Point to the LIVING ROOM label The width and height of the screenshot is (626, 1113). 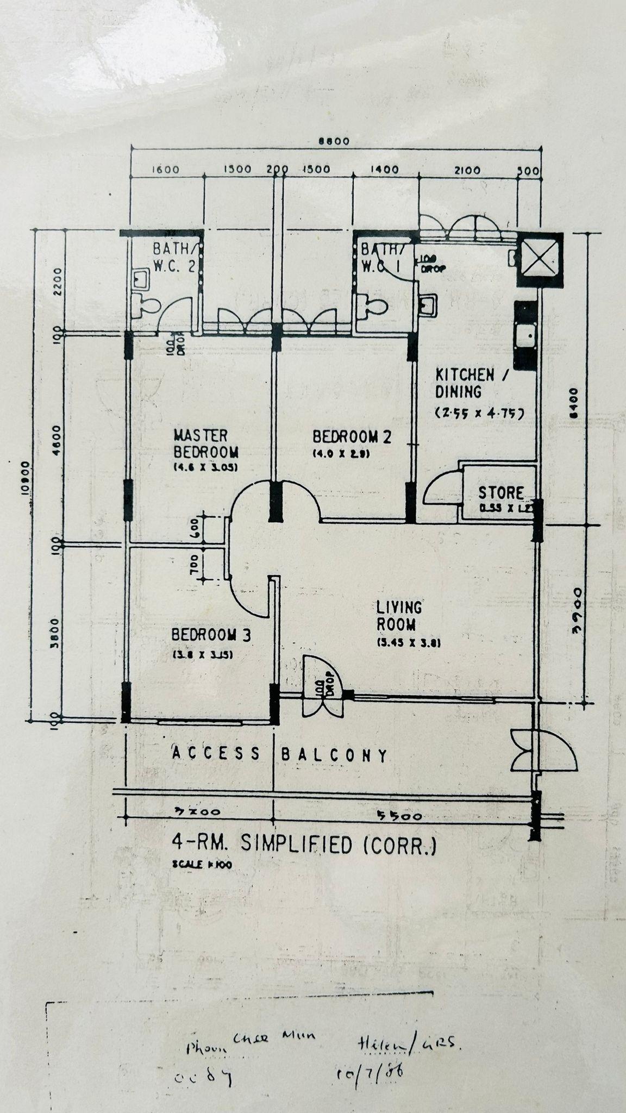(x=399, y=616)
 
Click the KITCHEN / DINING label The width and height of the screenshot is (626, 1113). (x=465, y=383)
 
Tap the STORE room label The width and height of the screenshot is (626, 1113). (x=501, y=493)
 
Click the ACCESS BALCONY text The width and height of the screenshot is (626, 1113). (x=280, y=754)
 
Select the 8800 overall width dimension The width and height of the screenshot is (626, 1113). (x=333, y=142)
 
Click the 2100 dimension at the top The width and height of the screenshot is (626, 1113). (x=467, y=170)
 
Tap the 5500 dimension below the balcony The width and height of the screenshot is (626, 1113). (x=399, y=816)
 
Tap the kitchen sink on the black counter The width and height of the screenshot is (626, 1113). (x=526, y=336)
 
